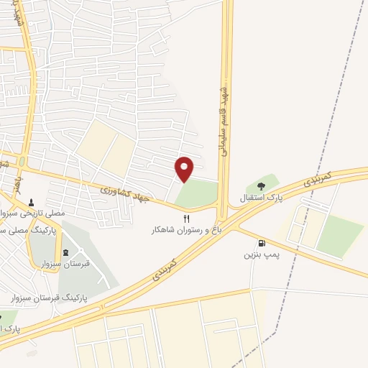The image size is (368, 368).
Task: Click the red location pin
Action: click(x=185, y=168)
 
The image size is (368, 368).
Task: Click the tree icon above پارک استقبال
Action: click(x=260, y=186)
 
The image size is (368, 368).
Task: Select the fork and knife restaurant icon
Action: click(x=187, y=218)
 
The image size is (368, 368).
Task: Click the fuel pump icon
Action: click(x=260, y=243)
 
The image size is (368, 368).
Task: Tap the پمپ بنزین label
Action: click(x=259, y=254)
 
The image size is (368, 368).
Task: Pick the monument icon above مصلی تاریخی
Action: click(x=31, y=203)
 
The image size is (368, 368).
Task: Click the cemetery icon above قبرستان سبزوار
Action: click(x=67, y=252)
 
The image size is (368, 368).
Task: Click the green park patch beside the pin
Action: click(x=198, y=193)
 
